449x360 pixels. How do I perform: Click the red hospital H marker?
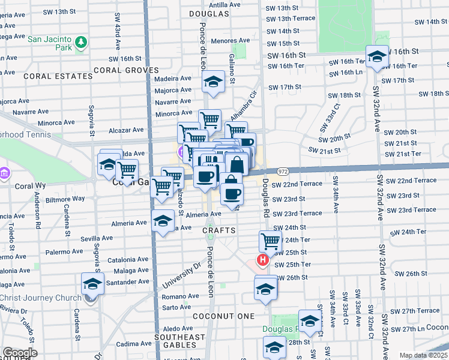(x=262, y=260)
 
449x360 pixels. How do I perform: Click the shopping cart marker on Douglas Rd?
(x=270, y=241)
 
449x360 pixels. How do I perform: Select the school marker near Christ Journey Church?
(x=92, y=284)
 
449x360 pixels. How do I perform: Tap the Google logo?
(x=20, y=353)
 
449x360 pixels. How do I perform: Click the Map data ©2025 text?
(x=423, y=355)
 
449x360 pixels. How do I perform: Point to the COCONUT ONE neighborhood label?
(x=224, y=316)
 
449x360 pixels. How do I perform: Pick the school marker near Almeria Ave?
(x=163, y=221)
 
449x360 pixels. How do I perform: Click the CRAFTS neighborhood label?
(x=218, y=230)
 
